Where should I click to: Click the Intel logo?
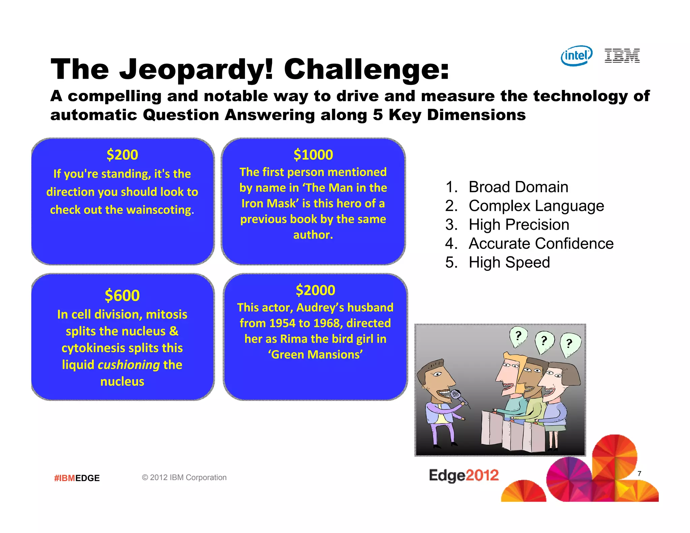pyautogui.click(x=576, y=56)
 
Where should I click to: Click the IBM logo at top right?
pyautogui.click(x=622, y=56)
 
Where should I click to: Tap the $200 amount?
pyautogui.click(x=122, y=155)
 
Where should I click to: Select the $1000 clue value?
pyautogui.click(x=313, y=155)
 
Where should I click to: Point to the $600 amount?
pyautogui.click(x=122, y=295)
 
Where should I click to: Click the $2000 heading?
pyautogui.click(x=315, y=290)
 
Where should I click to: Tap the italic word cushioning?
pyautogui.click(x=129, y=365)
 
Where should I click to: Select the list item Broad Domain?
pyautogui.click(x=518, y=187)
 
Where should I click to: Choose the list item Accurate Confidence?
pyautogui.click(x=541, y=243)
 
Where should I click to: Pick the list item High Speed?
pyautogui.click(x=509, y=262)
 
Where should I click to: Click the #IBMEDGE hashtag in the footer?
pyautogui.click(x=77, y=478)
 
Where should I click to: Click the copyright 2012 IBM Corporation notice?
pyautogui.click(x=184, y=477)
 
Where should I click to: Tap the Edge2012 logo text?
pyautogui.click(x=464, y=475)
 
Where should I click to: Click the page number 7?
pyautogui.click(x=639, y=473)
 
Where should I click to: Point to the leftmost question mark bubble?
pyautogui.click(x=518, y=336)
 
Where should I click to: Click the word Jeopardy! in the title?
pyautogui.click(x=196, y=69)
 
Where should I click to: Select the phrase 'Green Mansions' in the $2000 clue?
pyautogui.click(x=315, y=355)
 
